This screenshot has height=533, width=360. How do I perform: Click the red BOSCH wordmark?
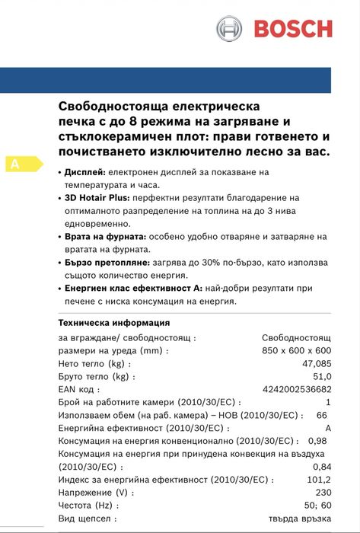pyautogui.click(x=293, y=29)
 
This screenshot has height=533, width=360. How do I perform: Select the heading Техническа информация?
pyautogui.click(x=113, y=322)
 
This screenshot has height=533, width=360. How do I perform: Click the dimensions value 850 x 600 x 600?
pyautogui.click(x=296, y=350)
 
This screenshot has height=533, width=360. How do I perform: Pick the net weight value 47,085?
pyautogui.click(x=316, y=364)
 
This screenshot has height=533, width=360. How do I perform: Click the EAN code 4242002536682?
pyautogui.click(x=297, y=390)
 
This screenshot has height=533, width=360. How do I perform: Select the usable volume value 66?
pyautogui.click(x=321, y=415)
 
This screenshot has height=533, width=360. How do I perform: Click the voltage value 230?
pyautogui.click(x=323, y=493)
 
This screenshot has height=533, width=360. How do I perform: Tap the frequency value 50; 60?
pyautogui.click(x=317, y=506)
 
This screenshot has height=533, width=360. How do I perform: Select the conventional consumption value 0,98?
pyautogui.click(x=317, y=441)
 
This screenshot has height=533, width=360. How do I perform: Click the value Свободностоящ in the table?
pyautogui.click(x=296, y=337)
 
